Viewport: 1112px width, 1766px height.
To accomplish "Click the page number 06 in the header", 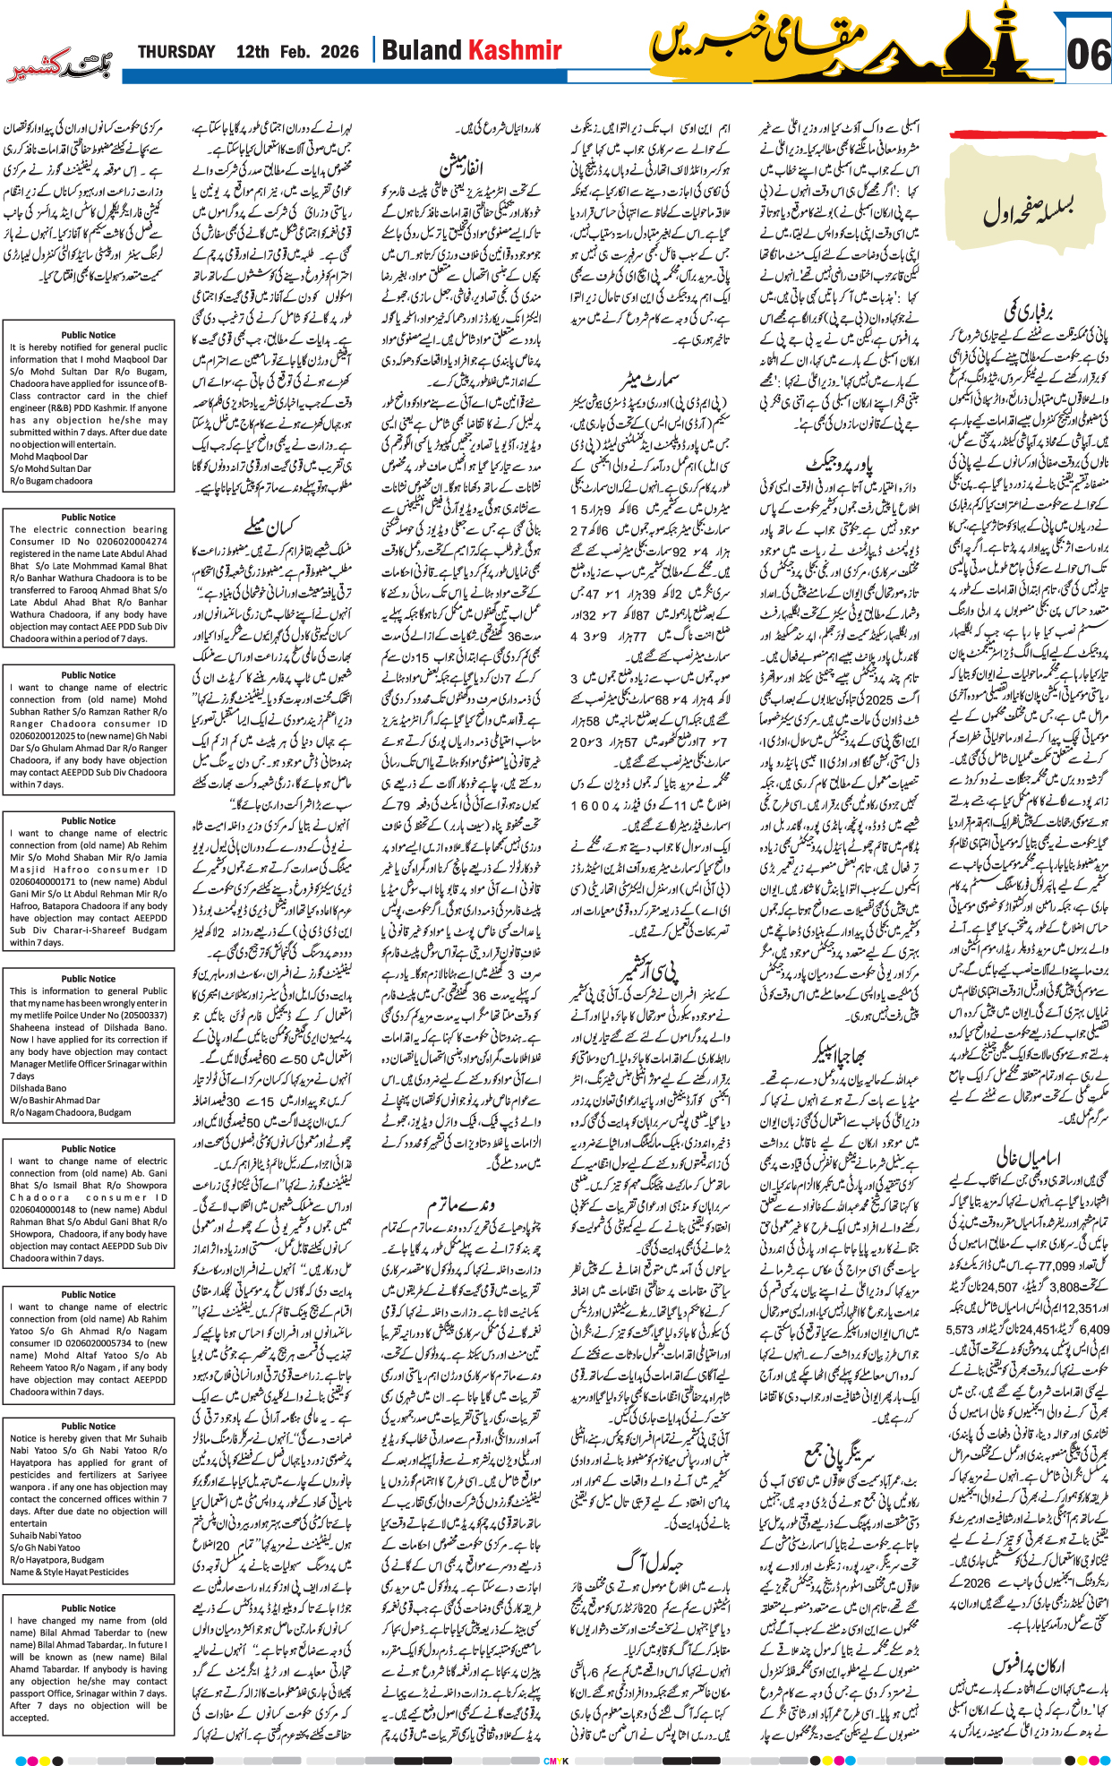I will (1088, 55).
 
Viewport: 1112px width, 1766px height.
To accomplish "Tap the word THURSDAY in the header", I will (176, 52).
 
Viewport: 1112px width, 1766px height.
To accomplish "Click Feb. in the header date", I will (295, 52).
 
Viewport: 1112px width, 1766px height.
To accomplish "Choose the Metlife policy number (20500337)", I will (138, 1015).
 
